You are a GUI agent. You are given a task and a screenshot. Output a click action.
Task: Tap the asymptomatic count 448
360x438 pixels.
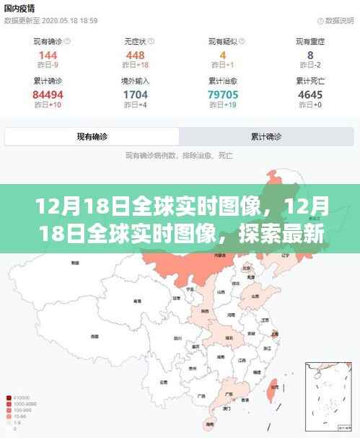pos(135,56)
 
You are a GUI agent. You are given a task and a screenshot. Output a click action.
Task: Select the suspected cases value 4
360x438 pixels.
pos(223,56)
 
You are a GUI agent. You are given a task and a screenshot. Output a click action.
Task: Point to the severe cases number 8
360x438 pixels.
pos(310,56)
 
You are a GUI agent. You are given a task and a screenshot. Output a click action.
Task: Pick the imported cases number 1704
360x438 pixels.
pos(135,95)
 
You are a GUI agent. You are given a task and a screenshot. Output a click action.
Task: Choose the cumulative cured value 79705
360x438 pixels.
pos(223,95)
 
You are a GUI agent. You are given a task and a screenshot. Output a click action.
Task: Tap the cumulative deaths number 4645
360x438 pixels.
pos(310,95)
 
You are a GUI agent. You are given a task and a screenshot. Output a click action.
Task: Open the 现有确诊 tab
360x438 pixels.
pos(92,136)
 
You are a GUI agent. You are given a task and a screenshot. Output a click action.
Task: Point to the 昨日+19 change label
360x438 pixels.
pos(223,106)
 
